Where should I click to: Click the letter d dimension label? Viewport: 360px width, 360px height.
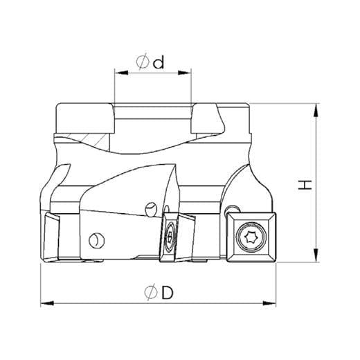[x=159, y=62]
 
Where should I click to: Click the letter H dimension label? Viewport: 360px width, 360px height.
[x=305, y=185]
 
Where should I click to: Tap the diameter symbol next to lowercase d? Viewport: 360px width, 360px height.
[x=143, y=61]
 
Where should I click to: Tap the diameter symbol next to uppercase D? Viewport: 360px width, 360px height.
[x=151, y=293]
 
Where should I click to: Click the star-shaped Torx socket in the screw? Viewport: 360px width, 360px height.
[x=251, y=237]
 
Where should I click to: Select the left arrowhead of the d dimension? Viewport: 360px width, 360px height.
[x=121, y=73]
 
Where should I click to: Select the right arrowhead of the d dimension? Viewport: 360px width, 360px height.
[x=185, y=73]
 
